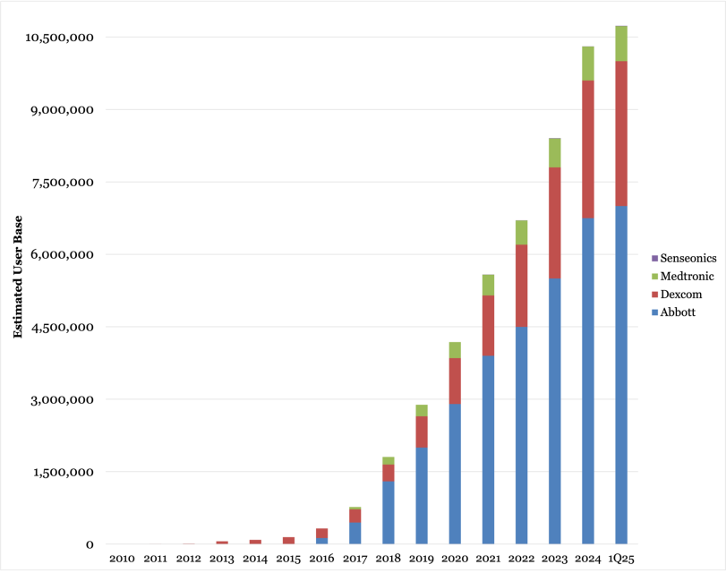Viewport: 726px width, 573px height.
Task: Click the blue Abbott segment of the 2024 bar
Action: click(588, 381)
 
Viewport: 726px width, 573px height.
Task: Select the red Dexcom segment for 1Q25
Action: click(621, 133)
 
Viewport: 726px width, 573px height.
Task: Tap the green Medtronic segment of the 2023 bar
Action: click(555, 153)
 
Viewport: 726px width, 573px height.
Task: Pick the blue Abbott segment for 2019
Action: click(422, 495)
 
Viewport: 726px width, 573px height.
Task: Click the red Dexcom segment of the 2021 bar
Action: click(488, 325)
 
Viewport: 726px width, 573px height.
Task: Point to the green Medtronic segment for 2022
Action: click(521, 233)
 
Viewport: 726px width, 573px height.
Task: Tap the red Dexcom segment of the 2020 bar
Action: click(455, 381)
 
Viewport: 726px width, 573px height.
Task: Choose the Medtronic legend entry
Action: click(685, 276)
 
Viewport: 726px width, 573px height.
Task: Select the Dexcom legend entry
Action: click(679, 294)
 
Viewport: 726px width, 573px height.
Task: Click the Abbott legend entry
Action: click(678, 312)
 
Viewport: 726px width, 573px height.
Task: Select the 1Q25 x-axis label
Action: click(621, 559)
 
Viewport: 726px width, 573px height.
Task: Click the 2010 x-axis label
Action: click(122, 559)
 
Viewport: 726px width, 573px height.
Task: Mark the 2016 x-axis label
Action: click(321, 559)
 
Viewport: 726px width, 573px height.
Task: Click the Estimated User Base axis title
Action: click(18, 278)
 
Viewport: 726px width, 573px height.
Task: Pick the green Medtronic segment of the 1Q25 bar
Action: click(621, 44)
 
